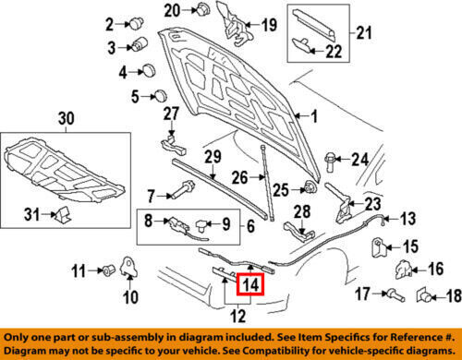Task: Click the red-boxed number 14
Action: [x=250, y=284]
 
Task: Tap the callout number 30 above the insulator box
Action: [x=67, y=118]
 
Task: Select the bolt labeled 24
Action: [x=329, y=162]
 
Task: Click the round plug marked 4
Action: [x=149, y=71]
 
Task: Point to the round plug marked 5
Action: [x=160, y=95]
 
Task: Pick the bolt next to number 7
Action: [x=184, y=190]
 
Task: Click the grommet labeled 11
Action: [x=109, y=270]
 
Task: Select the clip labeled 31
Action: [x=63, y=214]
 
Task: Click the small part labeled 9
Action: [x=202, y=226]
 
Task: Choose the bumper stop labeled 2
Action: [x=137, y=23]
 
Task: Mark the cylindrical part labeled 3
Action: [x=140, y=43]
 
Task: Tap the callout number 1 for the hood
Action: [x=314, y=116]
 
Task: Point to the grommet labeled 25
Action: [x=310, y=187]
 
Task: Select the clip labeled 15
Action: [x=378, y=247]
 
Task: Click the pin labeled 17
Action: [x=395, y=294]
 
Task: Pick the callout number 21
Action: [x=364, y=32]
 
